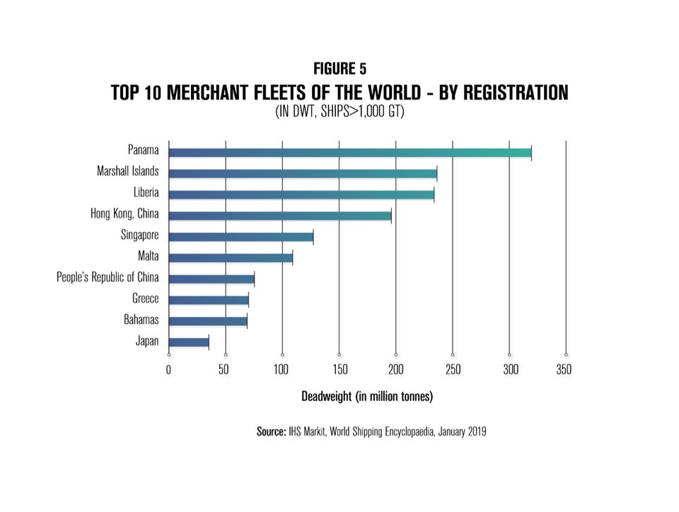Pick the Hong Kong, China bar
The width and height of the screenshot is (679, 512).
[280, 215]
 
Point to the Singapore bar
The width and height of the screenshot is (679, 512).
[240, 237]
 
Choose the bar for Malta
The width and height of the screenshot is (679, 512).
[231, 257]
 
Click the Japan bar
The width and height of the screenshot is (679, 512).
[189, 342]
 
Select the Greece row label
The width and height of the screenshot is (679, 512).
[146, 299]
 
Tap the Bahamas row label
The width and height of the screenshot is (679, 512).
[141, 320]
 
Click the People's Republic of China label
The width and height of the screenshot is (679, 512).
[108, 278]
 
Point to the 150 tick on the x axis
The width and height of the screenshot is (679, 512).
[339, 368]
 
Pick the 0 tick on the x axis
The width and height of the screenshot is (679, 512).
[168, 368]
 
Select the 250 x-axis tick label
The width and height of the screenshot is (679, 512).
[453, 368]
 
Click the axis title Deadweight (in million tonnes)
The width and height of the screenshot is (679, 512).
[367, 396]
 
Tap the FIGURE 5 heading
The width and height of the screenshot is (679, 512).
[339, 69]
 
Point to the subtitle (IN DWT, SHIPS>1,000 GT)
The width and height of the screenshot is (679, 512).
[339, 112]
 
